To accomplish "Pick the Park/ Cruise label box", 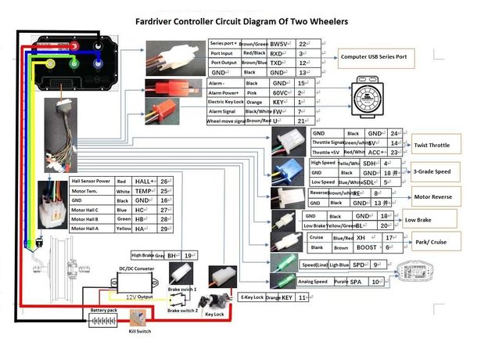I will click(x=431, y=242).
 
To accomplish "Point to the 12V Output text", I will click(x=142, y=297).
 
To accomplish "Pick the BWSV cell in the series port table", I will click(x=278, y=44).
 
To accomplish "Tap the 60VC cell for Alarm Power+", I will click(x=279, y=92).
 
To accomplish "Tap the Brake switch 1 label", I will click(x=182, y=290).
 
